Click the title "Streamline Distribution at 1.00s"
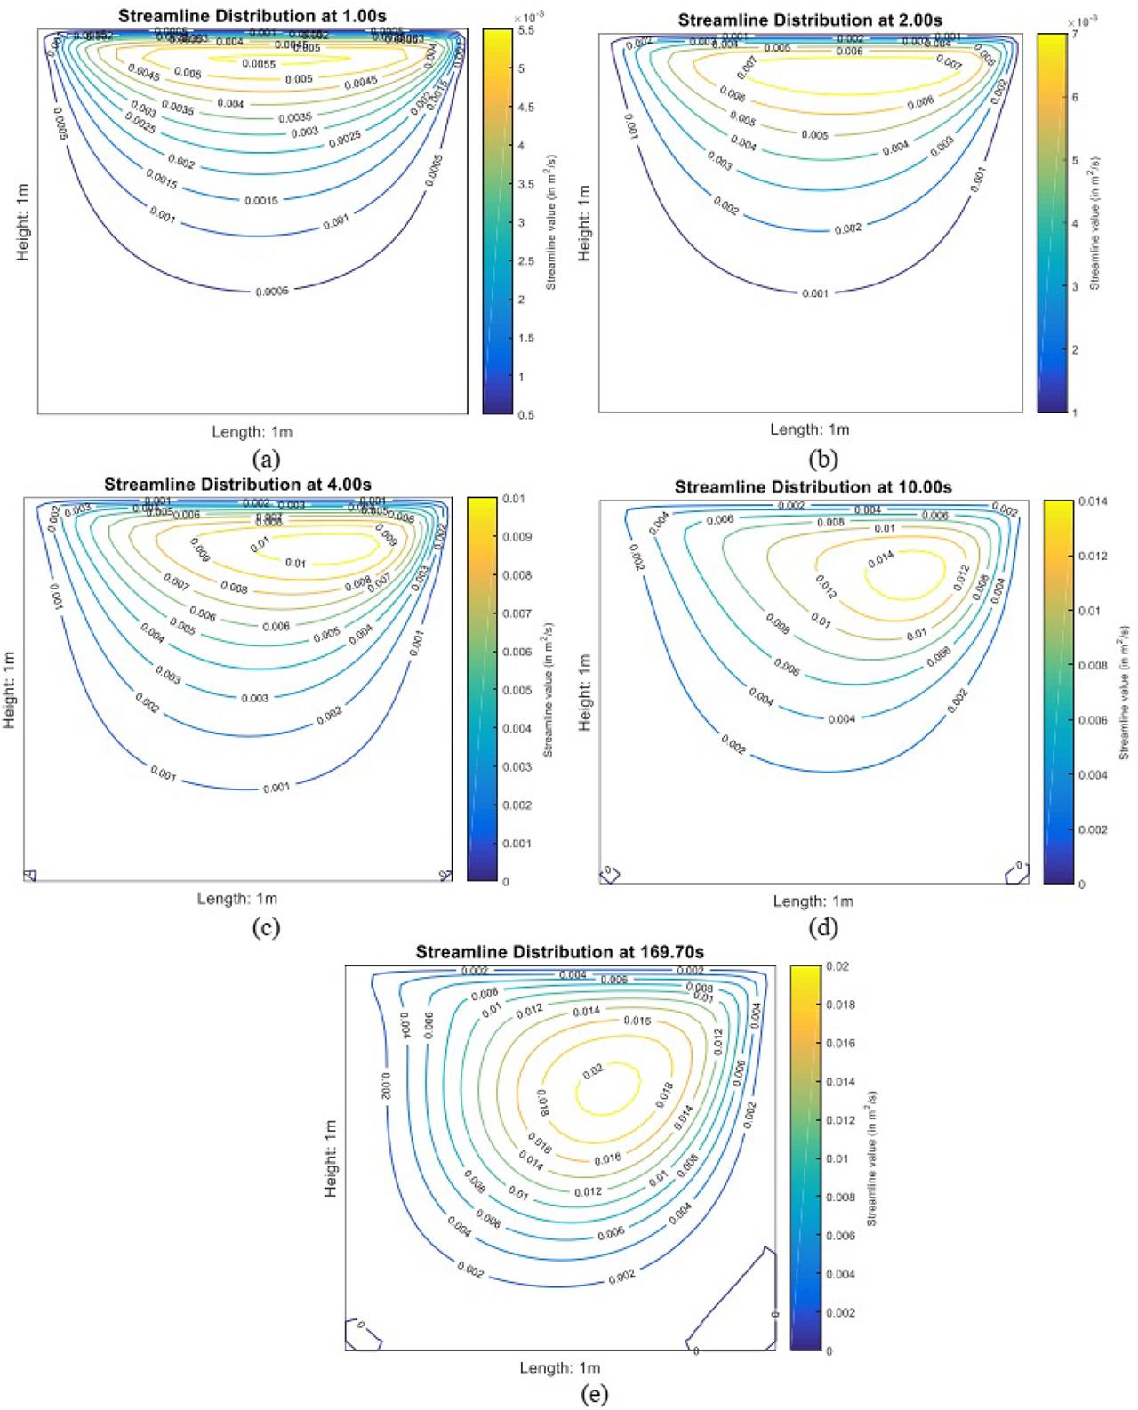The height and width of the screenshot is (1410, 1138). coord(252,16)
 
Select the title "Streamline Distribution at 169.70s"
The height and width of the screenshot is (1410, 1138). coord(560,952)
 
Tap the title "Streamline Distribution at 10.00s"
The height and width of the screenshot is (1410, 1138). coord(813,487)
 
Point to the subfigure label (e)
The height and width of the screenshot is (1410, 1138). coord(594,1395)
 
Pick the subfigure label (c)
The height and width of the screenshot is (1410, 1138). coord(266,927)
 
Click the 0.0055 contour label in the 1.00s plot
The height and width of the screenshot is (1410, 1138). coord(259,64)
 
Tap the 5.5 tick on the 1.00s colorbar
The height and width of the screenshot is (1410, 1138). coord(526,30)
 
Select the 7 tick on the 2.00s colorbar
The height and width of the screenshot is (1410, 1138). coord(1075,35)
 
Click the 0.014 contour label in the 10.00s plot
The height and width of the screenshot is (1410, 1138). coord(880,559)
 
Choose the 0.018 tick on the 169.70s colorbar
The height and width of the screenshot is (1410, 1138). coord(841,1005)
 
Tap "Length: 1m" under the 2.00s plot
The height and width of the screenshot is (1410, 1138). coord(810,429)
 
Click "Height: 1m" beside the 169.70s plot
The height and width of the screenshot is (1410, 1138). coord(332,1158)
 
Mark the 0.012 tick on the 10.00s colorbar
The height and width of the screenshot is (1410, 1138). coord(1094,557)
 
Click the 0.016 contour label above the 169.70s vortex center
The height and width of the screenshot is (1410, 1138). coord(637,1021)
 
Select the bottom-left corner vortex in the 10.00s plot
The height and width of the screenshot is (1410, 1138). coord(609,874)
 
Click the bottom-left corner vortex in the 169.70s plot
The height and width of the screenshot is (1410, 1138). coord(364,1334)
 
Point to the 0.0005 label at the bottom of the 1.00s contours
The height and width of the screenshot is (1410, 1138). coord(272,292)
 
